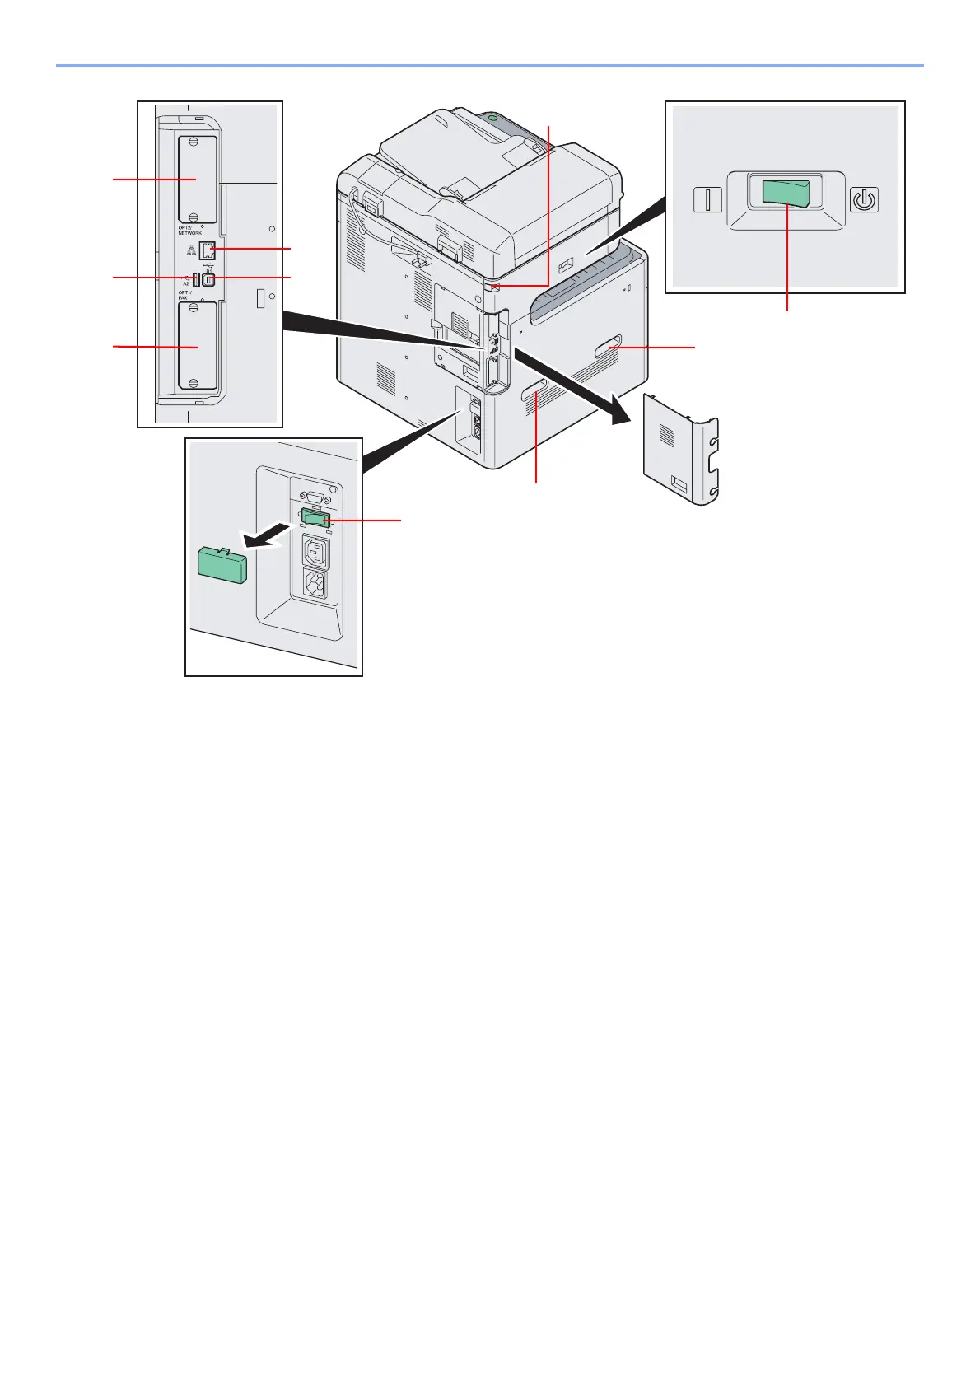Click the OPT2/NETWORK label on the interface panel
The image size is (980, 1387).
[189, 231]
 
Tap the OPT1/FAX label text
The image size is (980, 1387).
[184, 295]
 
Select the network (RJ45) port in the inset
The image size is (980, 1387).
[208, 249]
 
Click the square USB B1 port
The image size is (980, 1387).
[208, 279]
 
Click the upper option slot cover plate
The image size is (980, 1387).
[198, 179]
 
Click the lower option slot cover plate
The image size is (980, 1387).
[198, 346]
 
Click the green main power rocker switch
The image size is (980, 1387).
[786, 194]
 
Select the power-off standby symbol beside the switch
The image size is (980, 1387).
[864, 200]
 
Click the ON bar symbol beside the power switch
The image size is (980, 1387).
[707, 200]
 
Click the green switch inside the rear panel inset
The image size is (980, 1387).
[316, 518]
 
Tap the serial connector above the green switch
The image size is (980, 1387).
[313, 496]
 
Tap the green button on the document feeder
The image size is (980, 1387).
[493, 119]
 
